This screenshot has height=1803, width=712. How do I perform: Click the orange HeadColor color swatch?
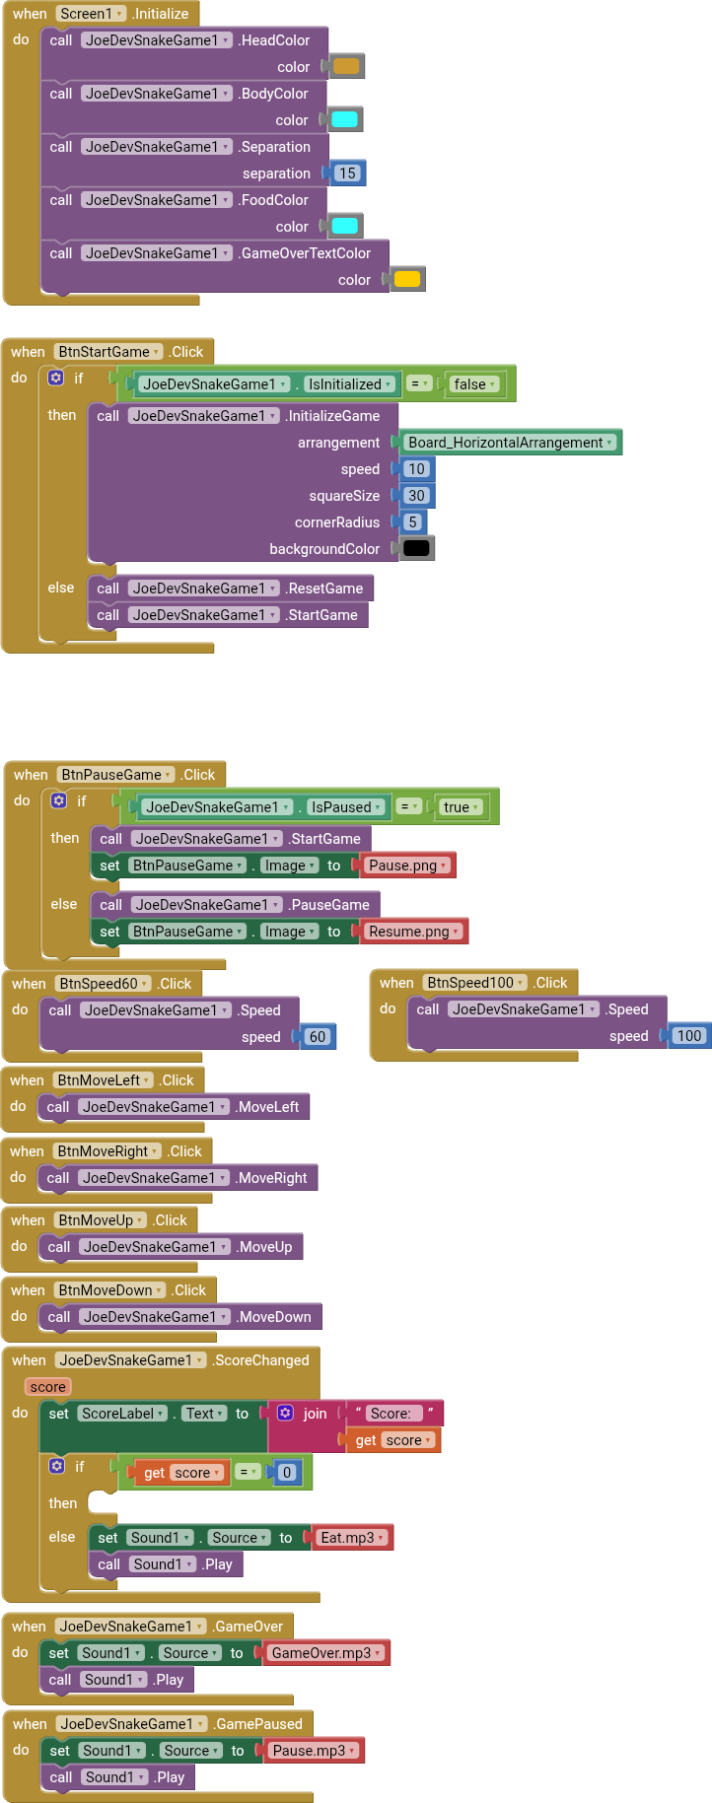(x=346, y=67)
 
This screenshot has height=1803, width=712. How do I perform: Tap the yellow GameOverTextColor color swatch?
(x=407, y=280)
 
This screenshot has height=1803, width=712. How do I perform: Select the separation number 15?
(x=347, y=173)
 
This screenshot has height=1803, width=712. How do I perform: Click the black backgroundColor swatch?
(x=417, y=549)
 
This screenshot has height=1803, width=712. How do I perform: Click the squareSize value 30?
(x=417, y=496)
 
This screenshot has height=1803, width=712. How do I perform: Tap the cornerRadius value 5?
(x=412, y=522)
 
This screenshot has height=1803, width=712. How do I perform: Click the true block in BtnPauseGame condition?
(x=461, y=807)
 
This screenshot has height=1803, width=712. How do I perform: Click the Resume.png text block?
(x=413, y=932)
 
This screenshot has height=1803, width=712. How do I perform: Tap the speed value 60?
(x=318, y=1037)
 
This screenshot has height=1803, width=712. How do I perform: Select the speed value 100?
(x=689, y=1036)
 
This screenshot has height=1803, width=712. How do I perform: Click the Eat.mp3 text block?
(x=352, y=1538)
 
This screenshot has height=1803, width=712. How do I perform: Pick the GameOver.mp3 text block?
(x=325, y=1653)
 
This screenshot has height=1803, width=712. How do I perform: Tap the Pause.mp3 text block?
(x=313, y=1751)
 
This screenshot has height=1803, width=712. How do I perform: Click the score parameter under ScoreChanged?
(x=47, y=1387)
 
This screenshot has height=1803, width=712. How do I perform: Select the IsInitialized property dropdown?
(x=348, y=384)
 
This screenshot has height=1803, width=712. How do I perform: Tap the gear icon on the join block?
(x=286, y=1414)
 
